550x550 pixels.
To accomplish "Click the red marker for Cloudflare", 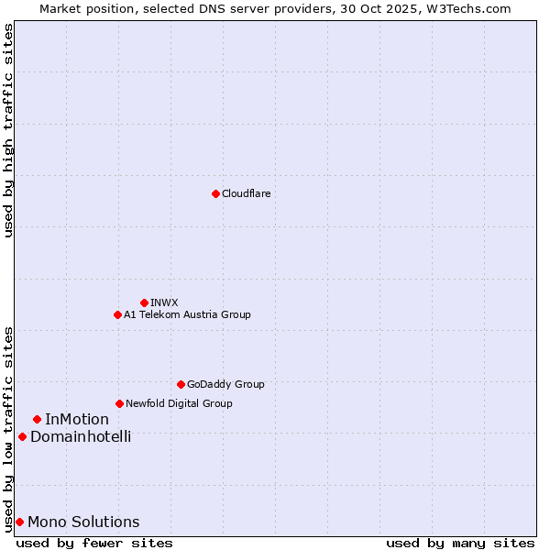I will click(215, 193).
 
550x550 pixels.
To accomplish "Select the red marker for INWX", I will click(144, 302).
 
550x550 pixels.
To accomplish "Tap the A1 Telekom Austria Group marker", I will click(117, 314).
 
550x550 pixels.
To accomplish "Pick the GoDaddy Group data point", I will click(181, 384).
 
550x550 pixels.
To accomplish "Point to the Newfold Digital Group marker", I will click(119, 403).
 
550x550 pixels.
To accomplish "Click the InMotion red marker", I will click(37, 419).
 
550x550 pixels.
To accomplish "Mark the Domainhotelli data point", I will click(22, 436).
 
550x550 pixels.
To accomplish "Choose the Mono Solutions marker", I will click(19, 522).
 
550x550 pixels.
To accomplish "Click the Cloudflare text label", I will click(246, 193).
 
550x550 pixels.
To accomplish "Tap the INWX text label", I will click(164, 302).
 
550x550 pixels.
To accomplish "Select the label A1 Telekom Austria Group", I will click(187, 314).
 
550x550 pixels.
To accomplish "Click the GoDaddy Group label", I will click(225, 384).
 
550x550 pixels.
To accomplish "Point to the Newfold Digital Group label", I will click(179, 403).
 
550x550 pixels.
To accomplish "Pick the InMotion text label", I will click(77, 419).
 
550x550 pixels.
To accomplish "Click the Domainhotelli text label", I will click(81, 436).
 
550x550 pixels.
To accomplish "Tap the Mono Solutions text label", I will click(83, 522).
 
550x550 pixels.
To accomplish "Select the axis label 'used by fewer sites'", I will click(94, 543).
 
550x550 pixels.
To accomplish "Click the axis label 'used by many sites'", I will click(460, 543).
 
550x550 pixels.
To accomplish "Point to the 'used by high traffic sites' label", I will click(8, 130).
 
